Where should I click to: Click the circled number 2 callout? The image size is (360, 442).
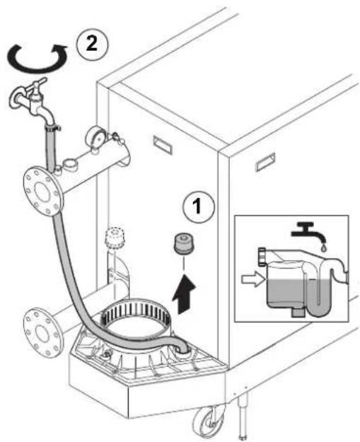(x=92, y=45)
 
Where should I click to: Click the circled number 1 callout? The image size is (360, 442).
(x=198, y=206)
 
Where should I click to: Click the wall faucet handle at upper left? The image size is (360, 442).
(x=37, y=83)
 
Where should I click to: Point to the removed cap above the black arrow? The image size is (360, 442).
(x=182, y=243)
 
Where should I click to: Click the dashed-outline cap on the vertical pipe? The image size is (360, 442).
(x=115, y=238)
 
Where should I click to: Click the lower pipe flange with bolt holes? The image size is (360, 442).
(x=42, y=333)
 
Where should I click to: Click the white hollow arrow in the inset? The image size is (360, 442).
(x=253, y=279)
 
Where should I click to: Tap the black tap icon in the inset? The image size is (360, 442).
(x=308, y=232)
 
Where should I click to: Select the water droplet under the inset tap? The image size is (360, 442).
(x=323, y=248)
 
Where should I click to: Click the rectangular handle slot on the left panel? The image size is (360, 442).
(x=163, y=145)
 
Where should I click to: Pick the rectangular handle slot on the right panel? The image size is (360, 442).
(x=265, y=162)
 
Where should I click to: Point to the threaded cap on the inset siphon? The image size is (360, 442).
(x=262, y=257)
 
